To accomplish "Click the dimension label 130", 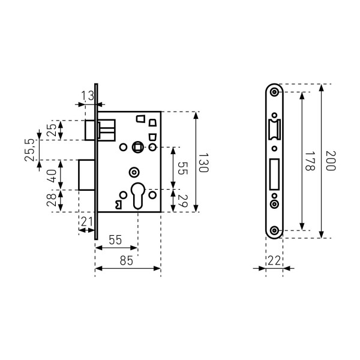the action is pos(203,163).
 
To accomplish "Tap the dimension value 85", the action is pos(126,260).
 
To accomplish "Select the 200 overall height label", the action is pos(331,161).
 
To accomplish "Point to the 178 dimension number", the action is pos(310,161).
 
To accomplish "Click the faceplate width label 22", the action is pos(274,260).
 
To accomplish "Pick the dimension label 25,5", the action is pos(29,150).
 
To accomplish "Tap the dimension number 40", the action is pos(52,176).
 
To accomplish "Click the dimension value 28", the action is pos(52,200).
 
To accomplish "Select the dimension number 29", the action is pos(183,201).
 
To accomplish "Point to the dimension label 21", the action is pos(87,222).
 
